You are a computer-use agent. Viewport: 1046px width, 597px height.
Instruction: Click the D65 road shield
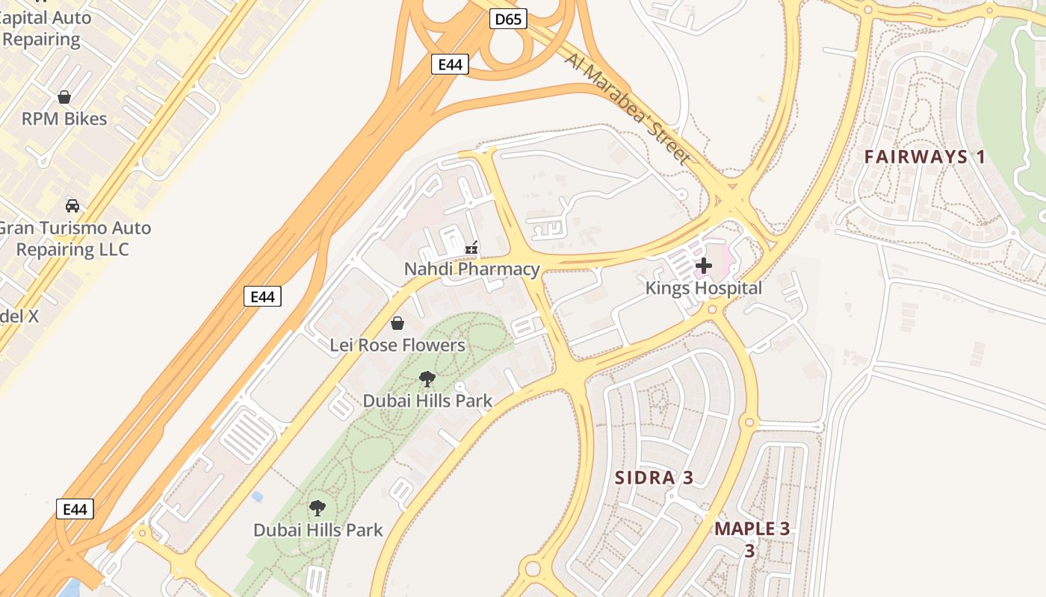pos(509,19)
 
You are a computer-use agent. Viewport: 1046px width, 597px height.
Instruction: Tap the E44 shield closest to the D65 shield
pos(450,64)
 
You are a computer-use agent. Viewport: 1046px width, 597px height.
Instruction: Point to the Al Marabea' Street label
pos(627,107)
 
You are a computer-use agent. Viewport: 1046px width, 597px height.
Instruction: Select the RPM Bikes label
pos(64,119)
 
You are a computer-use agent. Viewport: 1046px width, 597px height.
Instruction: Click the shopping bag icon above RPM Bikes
pos(64,97)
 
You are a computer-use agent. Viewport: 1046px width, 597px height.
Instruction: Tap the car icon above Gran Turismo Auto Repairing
pos(72,205)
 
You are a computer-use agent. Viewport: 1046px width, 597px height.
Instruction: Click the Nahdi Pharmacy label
pos(471,269)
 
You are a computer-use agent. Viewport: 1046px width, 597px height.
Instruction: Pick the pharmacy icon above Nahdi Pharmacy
pos(471,248)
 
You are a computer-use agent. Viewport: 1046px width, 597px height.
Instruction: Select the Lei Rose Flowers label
pos(397,345)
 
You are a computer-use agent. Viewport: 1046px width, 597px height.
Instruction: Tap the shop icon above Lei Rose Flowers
pos(397,323)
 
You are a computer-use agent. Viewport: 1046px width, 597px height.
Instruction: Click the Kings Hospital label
pos(704,288)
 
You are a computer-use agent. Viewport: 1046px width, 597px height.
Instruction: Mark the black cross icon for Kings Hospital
pos(703,265)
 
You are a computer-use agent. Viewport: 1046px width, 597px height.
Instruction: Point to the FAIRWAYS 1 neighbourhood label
pos(925,157)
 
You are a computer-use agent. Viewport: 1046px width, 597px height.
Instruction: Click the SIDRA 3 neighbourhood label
pos(654,478)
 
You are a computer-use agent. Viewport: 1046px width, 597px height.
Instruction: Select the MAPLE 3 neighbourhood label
pos(752,529)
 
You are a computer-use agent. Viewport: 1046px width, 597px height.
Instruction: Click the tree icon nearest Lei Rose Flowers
pos(427,379)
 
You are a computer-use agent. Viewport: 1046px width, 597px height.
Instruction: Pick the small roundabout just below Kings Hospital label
pos(712,309)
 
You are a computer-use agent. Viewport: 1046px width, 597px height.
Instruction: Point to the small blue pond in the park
pos(257,496)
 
